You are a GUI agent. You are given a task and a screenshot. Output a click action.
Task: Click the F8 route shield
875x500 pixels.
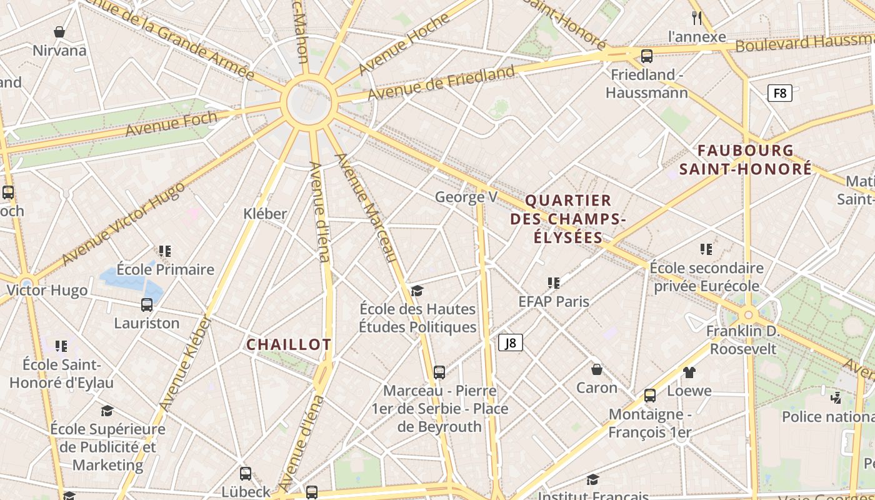[779, 94]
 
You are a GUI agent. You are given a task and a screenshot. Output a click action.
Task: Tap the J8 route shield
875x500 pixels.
[510, 342]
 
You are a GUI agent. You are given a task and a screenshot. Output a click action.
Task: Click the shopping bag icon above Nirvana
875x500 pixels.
[59, 32]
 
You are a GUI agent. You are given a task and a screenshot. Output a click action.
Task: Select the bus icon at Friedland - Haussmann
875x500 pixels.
[647, 56]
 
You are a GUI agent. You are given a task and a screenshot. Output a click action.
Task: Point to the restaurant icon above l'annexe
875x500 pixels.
[697, 17]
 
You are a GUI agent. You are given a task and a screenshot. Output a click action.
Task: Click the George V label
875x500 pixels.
[466, 197]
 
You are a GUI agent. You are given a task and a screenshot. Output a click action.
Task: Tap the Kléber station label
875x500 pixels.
[265, 214]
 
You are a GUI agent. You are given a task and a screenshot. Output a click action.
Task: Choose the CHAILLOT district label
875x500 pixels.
[289, 345]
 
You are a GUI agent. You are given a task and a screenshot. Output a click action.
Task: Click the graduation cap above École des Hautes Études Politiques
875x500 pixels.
[417, 291]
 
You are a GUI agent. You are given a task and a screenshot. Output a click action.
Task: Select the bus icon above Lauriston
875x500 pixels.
[147, 305]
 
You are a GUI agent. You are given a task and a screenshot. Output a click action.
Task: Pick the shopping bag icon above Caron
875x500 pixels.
[597, 369]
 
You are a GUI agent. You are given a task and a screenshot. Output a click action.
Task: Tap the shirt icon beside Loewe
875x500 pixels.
[689, 372]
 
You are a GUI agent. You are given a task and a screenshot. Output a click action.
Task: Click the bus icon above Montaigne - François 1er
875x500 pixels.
[650, 396]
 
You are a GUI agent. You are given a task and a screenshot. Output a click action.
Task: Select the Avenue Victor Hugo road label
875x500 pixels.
[124, 223]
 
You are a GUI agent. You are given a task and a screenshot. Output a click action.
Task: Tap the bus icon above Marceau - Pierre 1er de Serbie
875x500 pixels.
[439, 372]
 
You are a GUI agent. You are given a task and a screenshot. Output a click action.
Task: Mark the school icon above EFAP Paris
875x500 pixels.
[553, 283]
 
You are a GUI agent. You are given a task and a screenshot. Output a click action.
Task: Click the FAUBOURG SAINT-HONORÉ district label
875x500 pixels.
[746, 160]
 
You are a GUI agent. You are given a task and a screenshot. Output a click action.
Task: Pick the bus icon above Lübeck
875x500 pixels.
[246, 474]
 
